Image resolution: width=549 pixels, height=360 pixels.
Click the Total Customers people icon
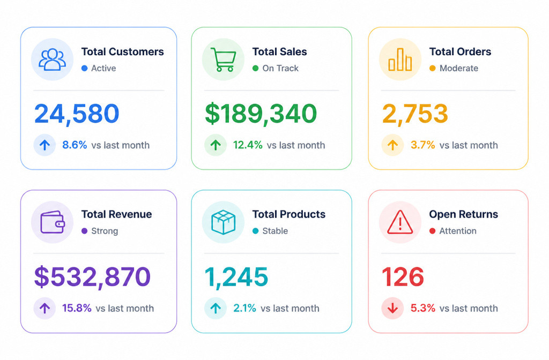coord(52,59)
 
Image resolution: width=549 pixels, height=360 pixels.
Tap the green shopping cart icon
coord(224,59)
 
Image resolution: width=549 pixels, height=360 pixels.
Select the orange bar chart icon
coord(400,59)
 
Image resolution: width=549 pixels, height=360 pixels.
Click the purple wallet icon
coord(53,222)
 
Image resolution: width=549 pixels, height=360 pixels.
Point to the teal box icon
coord(223,222)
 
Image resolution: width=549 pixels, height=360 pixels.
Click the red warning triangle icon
coord(400,222)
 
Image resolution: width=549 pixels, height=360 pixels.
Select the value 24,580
coord(77,114)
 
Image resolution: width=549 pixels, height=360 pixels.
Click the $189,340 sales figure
coord(261,114)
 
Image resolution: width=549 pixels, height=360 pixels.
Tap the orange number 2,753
coord(415,114)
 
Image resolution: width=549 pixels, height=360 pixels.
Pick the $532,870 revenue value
coord(92,277)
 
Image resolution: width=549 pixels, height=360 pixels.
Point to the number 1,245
coord(236,277)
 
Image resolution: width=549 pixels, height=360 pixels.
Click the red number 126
coord(403,277)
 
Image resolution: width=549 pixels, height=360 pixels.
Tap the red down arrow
coord(393,308)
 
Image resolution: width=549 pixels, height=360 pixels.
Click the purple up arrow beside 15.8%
coord(44,308)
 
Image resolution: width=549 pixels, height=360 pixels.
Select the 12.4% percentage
coord(248,145)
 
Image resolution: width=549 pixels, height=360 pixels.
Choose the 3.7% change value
coord(422,145)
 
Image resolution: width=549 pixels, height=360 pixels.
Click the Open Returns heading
coord(464,214)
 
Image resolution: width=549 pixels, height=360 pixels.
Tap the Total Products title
coord(289,214)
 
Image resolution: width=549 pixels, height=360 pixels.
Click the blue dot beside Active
coord(84,68)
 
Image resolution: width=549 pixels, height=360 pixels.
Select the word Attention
coord(458,231)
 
